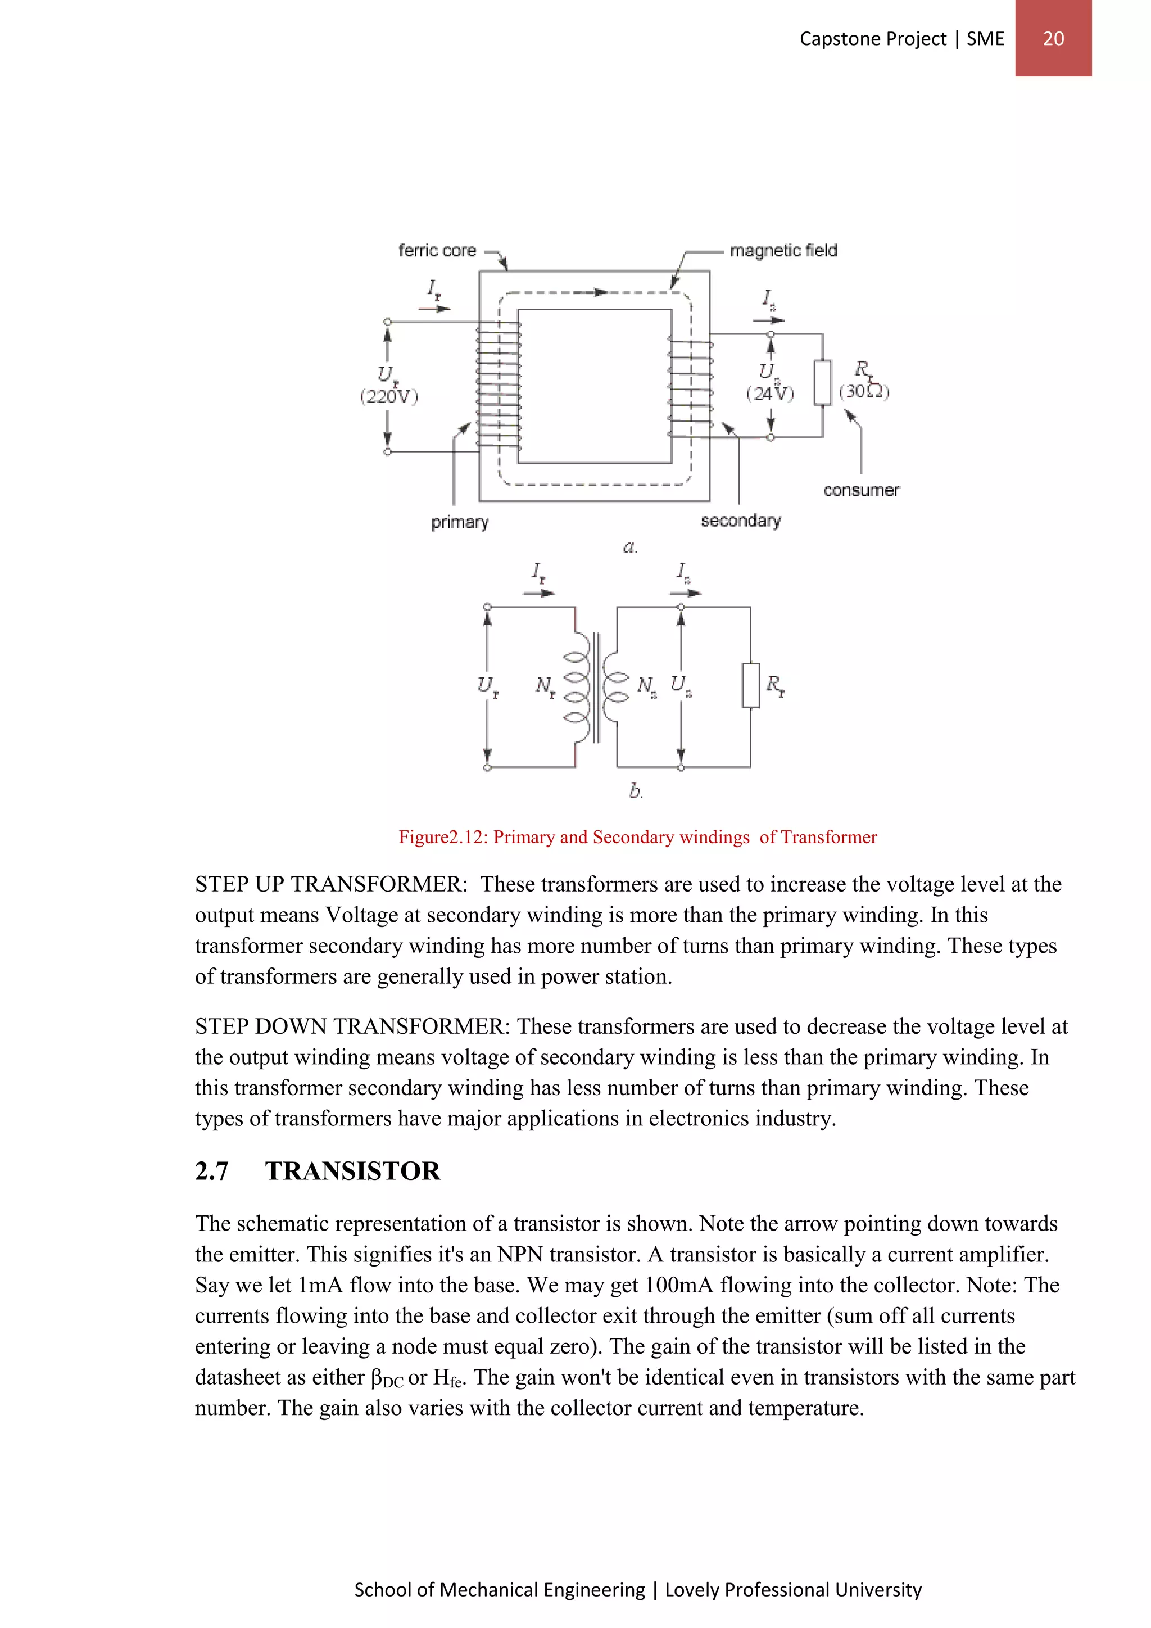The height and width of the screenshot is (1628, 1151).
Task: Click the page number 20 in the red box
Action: [1053, 38]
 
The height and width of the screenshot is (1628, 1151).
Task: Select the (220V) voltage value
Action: [389, 396]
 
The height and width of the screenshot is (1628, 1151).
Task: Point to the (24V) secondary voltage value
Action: [770, 394]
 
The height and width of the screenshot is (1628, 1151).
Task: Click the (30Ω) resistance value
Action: [864, 391]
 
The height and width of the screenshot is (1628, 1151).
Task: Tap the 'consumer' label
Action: [860, 490]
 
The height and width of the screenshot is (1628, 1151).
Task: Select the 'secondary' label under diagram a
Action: [741, 521]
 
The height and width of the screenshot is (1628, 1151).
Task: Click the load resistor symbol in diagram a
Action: [822, 382]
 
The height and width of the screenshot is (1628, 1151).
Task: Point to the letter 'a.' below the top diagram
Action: [630, 546]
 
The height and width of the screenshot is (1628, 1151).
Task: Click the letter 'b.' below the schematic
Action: [636, 790]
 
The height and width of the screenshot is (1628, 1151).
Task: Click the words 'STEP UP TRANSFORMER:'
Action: [331, 884]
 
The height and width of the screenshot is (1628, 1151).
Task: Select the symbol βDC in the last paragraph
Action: [387, 1378]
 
